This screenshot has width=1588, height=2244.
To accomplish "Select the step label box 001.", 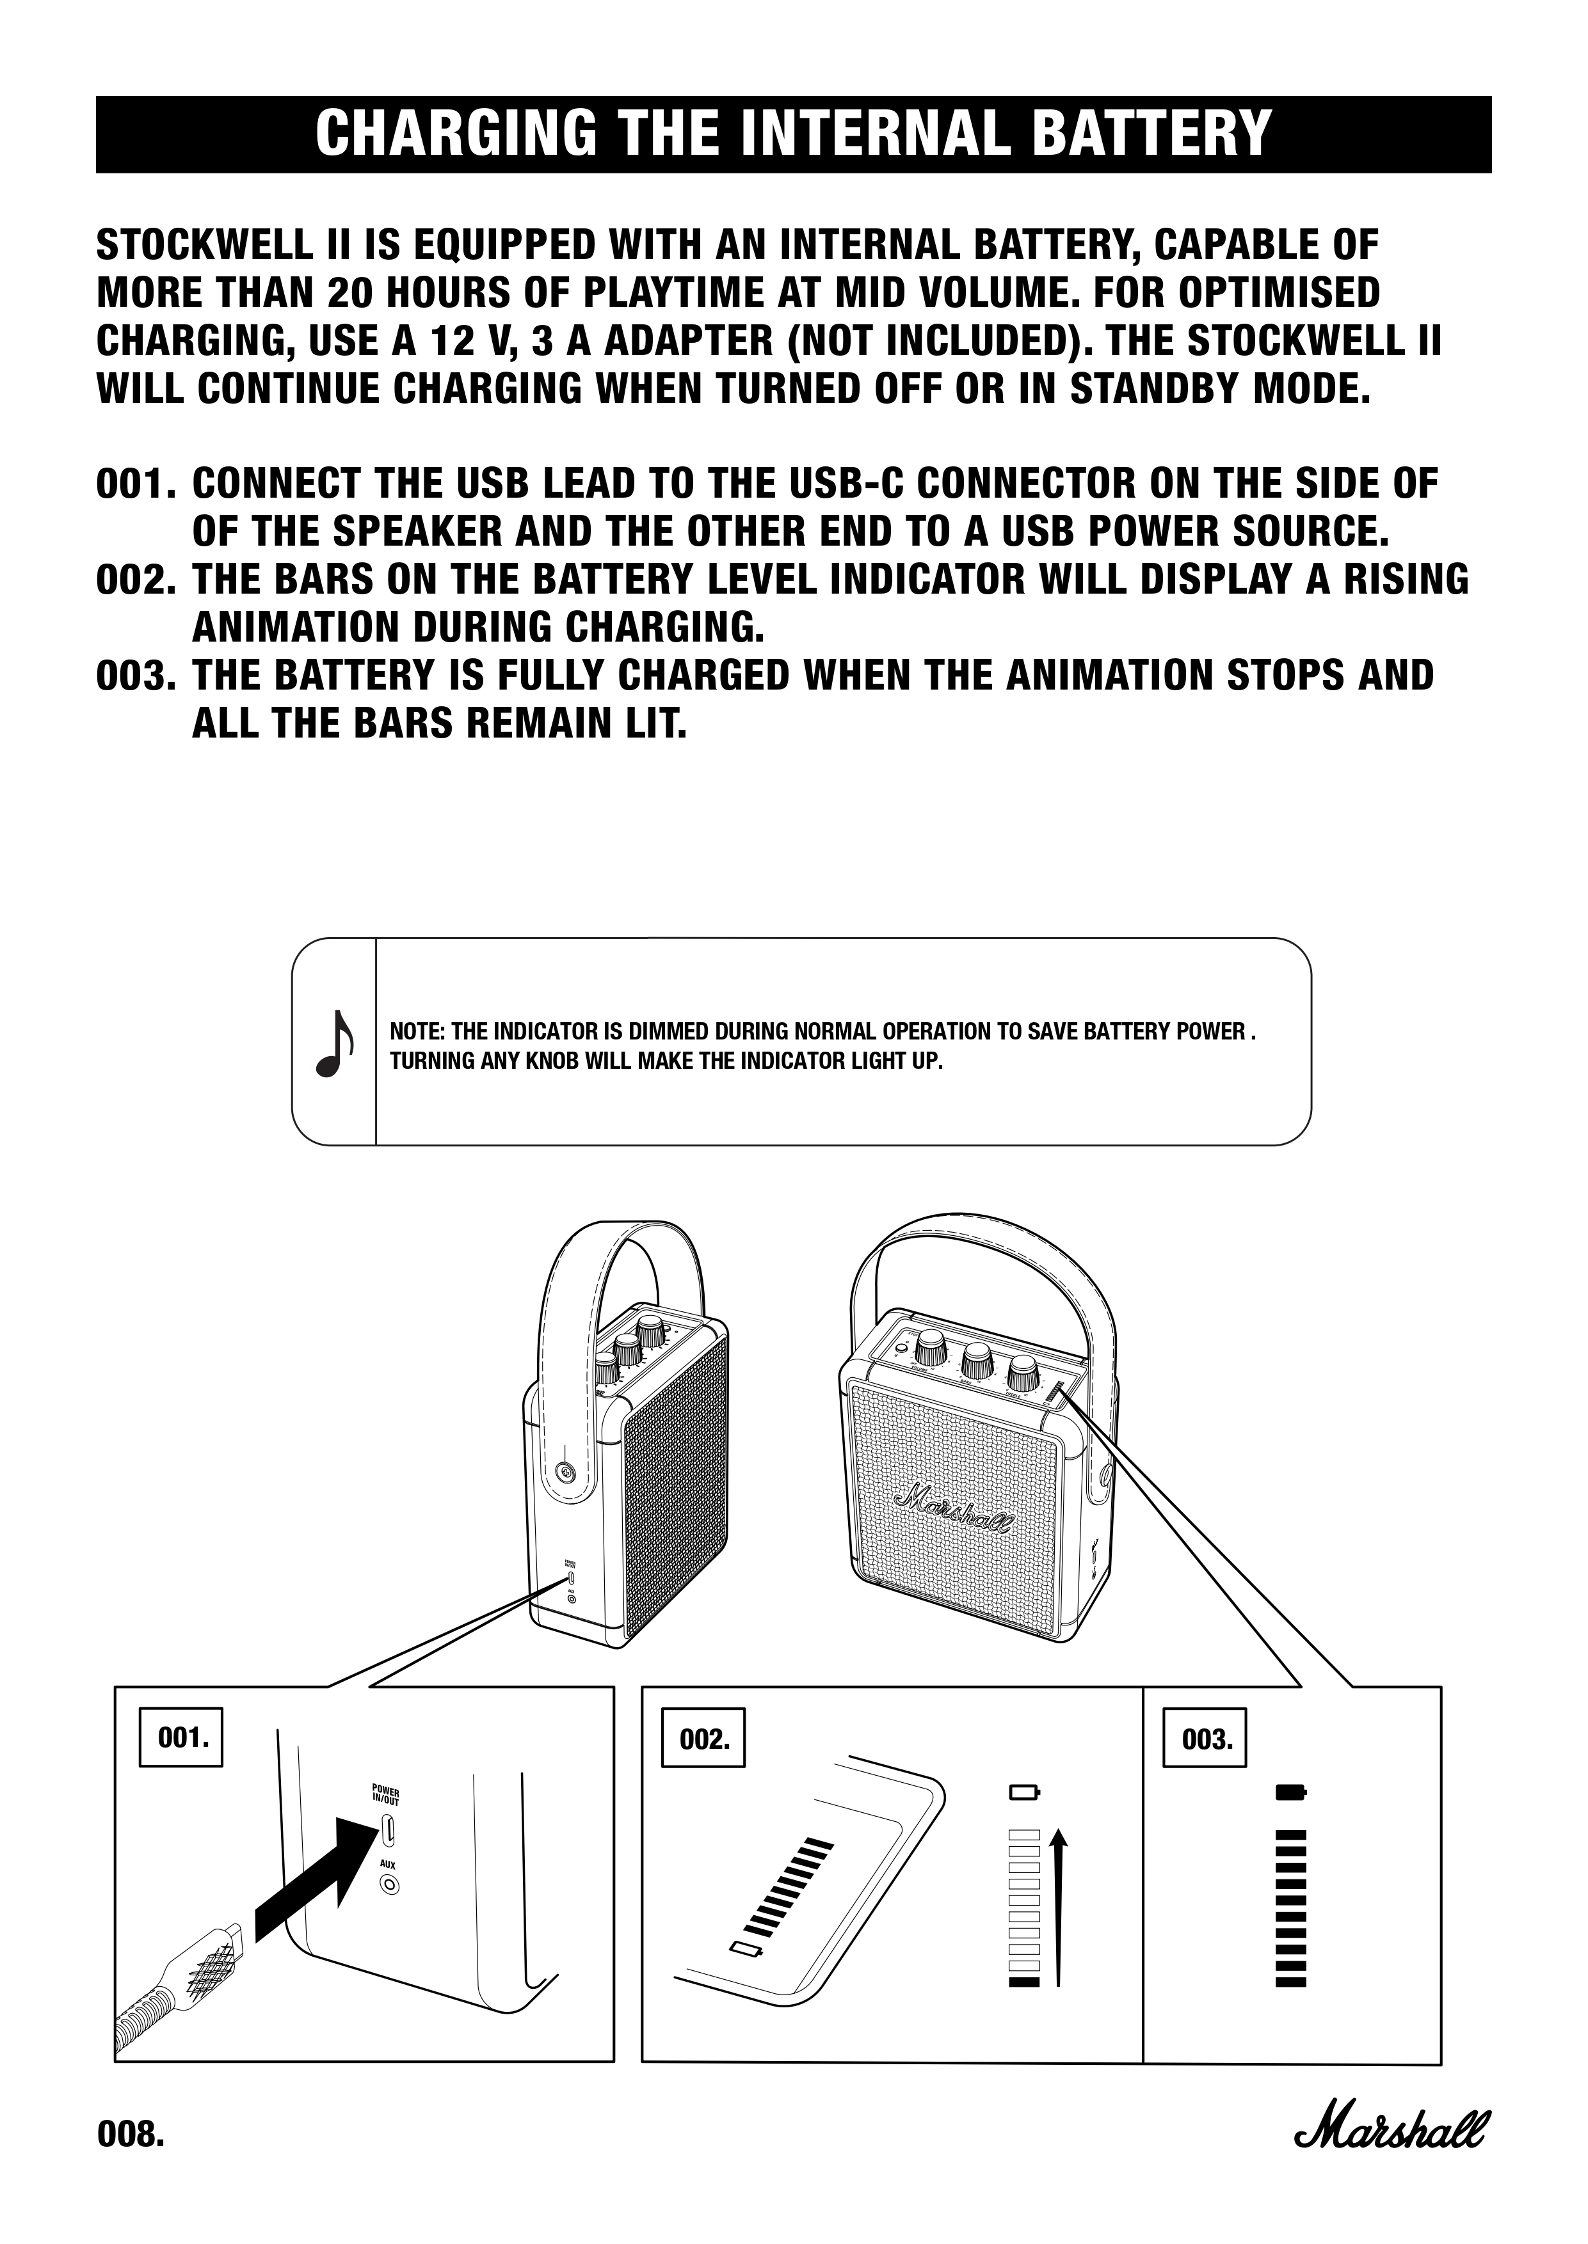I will [181, 1738].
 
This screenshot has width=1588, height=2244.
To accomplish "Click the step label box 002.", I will [703, 1739].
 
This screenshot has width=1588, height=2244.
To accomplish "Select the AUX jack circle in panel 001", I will [389, 1885].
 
